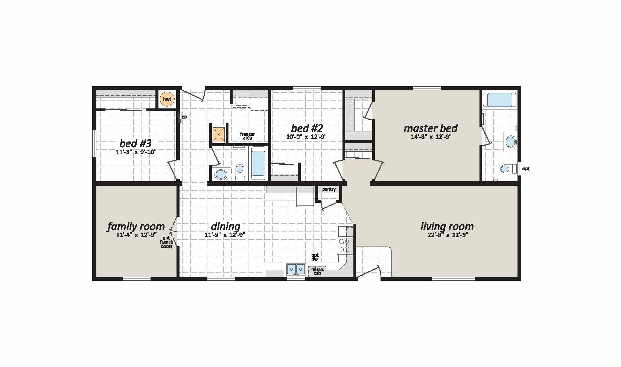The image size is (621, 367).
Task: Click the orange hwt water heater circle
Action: (167, 99)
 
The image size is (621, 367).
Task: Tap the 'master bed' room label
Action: (431, 128)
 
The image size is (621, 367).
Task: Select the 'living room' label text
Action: (447, 227)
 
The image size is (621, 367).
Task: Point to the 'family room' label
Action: (136, 227)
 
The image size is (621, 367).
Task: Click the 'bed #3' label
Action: (135, 143)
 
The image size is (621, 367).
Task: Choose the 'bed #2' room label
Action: (307, 128)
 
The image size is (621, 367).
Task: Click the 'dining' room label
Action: (225, 227)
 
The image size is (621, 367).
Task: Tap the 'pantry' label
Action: (329, 189)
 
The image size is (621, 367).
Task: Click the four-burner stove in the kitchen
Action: (345, 245)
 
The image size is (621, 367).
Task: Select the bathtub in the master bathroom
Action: (499, 100)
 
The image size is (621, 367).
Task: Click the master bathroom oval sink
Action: (511, 142)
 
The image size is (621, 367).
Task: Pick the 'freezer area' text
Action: (247, 136)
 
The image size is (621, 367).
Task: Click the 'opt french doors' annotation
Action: (167, 242)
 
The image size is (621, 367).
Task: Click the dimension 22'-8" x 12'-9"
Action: (448, 235)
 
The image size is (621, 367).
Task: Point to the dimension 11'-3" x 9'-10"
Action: (136, 152)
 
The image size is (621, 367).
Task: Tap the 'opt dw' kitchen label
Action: (315, 257)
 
